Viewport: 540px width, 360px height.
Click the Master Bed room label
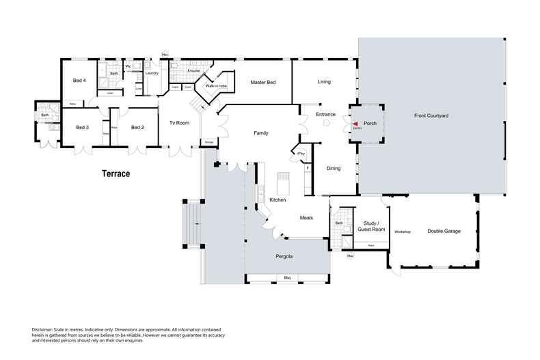262,82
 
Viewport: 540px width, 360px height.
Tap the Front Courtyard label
431,116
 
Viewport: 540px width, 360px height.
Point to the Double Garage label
444,231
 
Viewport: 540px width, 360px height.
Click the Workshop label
402,232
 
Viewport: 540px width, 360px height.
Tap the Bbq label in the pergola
288,278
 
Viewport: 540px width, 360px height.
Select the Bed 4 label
79,81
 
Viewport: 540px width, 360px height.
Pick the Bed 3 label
82,127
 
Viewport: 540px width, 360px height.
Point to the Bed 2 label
137,127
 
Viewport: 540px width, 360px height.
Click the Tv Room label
179,123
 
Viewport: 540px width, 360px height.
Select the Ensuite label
193,70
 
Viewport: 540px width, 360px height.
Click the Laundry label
152,72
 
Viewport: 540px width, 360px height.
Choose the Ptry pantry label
301,152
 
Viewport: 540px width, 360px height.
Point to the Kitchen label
277,199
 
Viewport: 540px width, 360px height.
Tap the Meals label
307,218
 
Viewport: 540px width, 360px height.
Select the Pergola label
284,256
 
